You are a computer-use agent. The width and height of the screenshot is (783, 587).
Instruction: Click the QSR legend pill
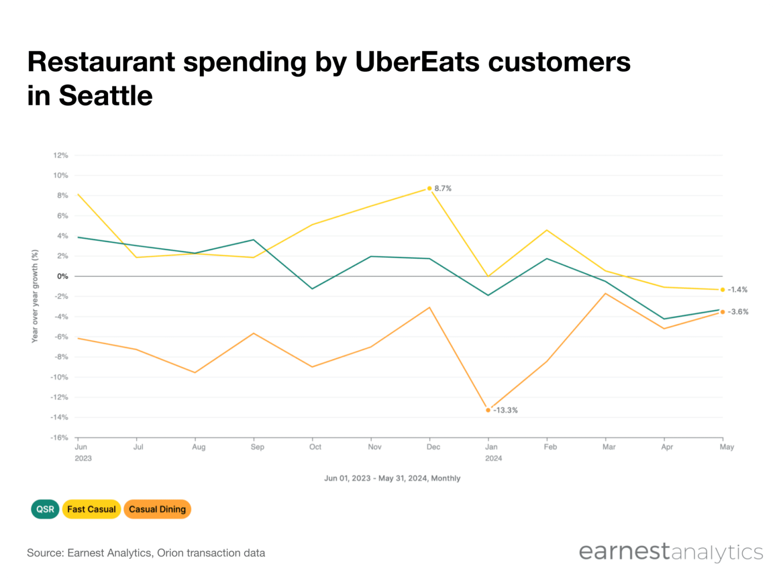tap(45, 509)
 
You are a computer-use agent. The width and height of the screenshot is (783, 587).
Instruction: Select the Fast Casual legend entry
tap(91, 509)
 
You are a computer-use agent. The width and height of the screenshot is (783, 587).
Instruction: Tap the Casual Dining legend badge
tap(157, 509)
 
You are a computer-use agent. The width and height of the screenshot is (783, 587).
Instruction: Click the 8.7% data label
tap(442, 189)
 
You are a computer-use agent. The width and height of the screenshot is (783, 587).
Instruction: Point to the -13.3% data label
tap(505, 410)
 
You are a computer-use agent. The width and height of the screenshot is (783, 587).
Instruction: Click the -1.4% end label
tap(737, 289)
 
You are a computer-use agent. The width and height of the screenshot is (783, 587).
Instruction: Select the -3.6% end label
tap(738, 312)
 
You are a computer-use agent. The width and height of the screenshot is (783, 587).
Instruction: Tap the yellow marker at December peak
tap(429, 189)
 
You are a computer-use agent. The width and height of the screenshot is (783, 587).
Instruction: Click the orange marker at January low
tap(488, 410)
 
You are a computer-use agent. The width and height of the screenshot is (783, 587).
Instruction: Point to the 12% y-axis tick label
tap(61, 155)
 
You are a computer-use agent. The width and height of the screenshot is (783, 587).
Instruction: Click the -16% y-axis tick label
tap(59, 437)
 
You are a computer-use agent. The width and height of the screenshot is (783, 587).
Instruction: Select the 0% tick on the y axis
tap(62, 276)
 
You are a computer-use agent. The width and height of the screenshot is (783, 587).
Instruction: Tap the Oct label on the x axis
tap(315, 447)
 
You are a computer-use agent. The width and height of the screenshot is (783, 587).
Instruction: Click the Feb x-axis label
tap(550, 447)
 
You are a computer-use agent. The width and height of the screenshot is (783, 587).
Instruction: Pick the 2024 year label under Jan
tap(493, 458)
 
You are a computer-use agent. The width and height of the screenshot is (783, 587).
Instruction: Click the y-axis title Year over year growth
tap(35, 296)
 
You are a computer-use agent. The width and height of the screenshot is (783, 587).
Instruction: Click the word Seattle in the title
tap(106, 96)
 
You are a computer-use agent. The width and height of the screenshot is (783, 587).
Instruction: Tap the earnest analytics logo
tap(670, 552)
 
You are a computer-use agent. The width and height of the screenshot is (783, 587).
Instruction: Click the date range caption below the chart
tap(392, 478)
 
